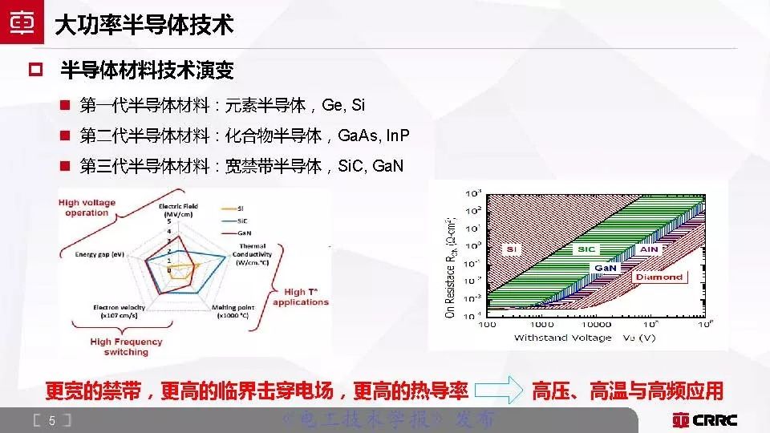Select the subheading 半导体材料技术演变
click(x=147, y=71)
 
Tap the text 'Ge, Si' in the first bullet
click(x=342, y=105)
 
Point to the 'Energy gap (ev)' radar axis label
click(x=99, y=254)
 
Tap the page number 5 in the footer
click(x=51, y=420)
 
